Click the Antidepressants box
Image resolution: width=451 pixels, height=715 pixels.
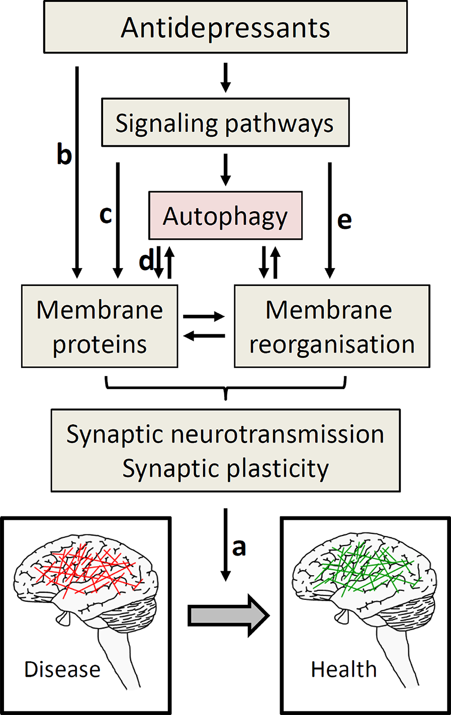(x=225, y=28)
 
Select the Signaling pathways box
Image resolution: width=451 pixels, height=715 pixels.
(x=225, y=123)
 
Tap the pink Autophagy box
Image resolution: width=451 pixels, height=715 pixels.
(x=225, y=216)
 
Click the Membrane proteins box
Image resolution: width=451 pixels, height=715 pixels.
(x=100, y=326)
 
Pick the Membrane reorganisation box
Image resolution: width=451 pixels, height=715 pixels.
(x=332, y=326)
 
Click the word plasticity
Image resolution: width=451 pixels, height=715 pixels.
(x=277, y=469)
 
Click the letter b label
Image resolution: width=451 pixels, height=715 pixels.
(x=64, y=154)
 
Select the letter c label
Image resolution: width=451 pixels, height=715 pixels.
(x=105, y=215)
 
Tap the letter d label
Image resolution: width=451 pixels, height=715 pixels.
(x=146, y=260)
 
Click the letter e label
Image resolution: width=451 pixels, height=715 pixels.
(x=344, y=220)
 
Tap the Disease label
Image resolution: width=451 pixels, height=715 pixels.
(x=62, y=669)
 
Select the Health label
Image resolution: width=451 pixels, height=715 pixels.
(x=343, y=669)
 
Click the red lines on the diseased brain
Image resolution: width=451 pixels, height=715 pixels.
(x=91, y=568)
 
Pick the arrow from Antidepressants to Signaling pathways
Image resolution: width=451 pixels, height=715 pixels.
(x=225, y=77)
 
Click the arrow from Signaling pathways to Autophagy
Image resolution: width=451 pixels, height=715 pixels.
(x=225, y=170)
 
